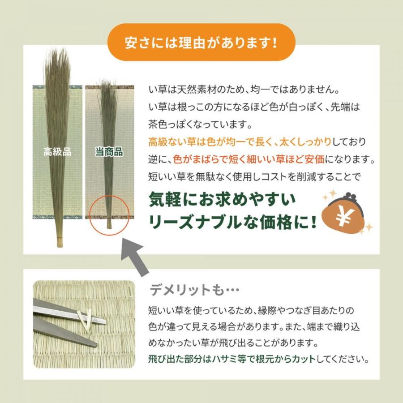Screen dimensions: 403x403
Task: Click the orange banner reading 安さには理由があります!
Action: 201,44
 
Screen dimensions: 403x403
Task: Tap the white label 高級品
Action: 57,152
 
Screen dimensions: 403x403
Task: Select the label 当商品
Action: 109,152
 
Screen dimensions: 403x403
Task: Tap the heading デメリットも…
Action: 195,291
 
